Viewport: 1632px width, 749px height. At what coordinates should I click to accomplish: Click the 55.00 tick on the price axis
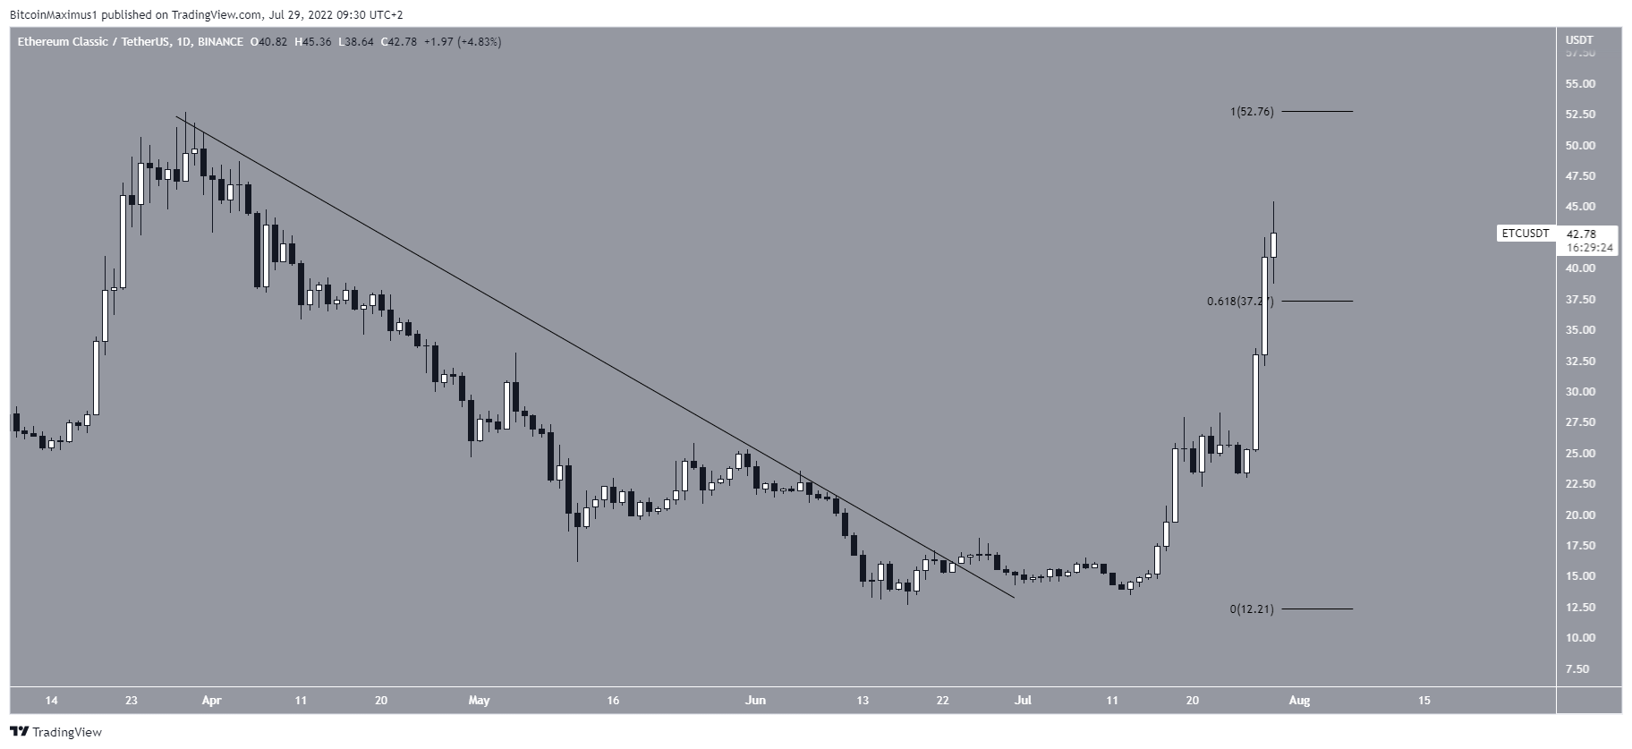[1581, 84]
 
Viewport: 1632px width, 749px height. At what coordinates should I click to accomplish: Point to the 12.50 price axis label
[1581, 608]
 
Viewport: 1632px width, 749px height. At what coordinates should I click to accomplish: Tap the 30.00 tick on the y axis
[1581, 392]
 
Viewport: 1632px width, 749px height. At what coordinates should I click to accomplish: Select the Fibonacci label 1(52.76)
[1251, 112]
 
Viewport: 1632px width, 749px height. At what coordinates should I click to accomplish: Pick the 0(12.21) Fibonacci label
[1251, 609]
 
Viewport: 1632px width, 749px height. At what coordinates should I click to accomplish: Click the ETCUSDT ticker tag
[1525, 234]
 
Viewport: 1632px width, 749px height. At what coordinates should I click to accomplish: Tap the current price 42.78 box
[1579, 234]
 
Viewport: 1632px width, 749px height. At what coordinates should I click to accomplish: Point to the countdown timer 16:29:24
[1589, 248]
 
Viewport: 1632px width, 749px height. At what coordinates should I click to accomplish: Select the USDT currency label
[1579, 40]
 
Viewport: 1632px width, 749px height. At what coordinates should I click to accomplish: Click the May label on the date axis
[479, 701]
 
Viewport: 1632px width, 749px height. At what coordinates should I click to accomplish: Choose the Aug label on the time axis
[1299, 701]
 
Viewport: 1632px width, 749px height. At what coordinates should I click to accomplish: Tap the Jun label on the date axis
[755, 701]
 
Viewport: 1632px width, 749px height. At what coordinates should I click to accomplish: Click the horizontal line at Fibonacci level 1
[1317, 111]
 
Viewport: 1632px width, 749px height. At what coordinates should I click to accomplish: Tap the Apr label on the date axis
[211, 701]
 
